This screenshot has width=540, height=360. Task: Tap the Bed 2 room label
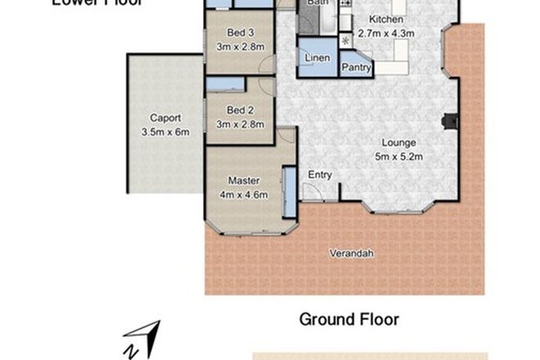pyautogui.click(x=241, y=112)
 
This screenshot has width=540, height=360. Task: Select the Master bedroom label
pyautogui.click(x=243, y=181)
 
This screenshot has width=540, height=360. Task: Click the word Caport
pyautogui.click(x=164, y=118)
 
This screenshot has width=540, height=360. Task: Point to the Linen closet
pyautogui.click(x=317, y=59)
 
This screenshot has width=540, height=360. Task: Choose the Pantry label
pyautogui.click(x=357, y=67)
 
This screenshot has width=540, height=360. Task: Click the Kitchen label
pyautogui.click(x=386, y=19)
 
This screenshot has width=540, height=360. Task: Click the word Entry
pyautogui.click(x=320, y=175)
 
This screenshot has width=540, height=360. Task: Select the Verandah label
pyautogui.click(x=352, y=254)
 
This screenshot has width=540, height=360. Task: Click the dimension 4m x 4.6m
pyautogui.click(x=243, y=194)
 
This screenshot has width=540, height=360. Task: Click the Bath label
pyautogui.click(x=317, y=3)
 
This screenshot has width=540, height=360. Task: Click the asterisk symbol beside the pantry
pyautogui.click(x=345, y=40)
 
